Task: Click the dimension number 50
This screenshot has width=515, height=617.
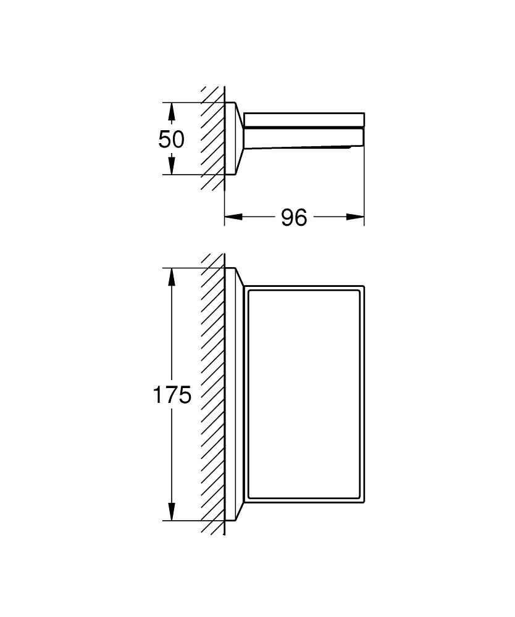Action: [171, 139]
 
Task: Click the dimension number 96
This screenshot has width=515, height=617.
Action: [294, 217]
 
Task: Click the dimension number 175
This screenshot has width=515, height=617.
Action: [172, 395]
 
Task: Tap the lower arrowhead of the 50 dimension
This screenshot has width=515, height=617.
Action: [171, 166]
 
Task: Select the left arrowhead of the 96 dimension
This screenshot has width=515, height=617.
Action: [233, 217]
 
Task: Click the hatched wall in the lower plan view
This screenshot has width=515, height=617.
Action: [212, 394]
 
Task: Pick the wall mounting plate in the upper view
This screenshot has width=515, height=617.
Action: [234, 138]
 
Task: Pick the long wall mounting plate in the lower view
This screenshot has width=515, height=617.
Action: [234, 394]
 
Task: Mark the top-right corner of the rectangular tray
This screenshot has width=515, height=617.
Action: [364, 286]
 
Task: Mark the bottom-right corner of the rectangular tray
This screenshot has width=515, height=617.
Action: [364, 503]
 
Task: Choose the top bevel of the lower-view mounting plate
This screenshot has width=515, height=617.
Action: [240, 276]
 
